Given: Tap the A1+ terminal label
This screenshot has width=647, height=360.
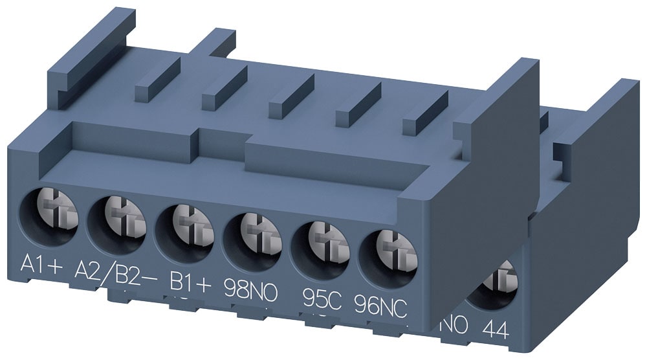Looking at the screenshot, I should tap(41, 265).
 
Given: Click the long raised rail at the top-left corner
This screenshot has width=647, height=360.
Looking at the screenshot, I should tap(91, 52).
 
